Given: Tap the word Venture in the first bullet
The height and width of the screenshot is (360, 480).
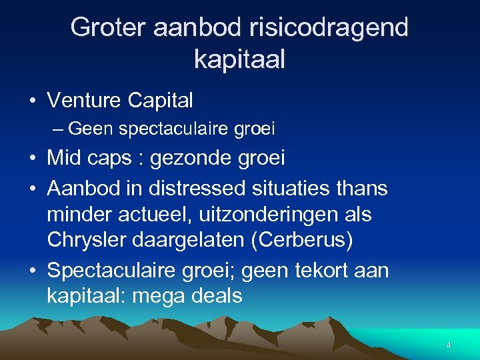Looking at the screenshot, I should coord(84,101).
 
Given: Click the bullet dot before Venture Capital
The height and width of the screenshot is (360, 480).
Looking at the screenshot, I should coord(32,101).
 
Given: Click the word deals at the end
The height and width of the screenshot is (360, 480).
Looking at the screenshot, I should coord(218,295).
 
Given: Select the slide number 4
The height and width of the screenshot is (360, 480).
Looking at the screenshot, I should coord(449,345).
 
